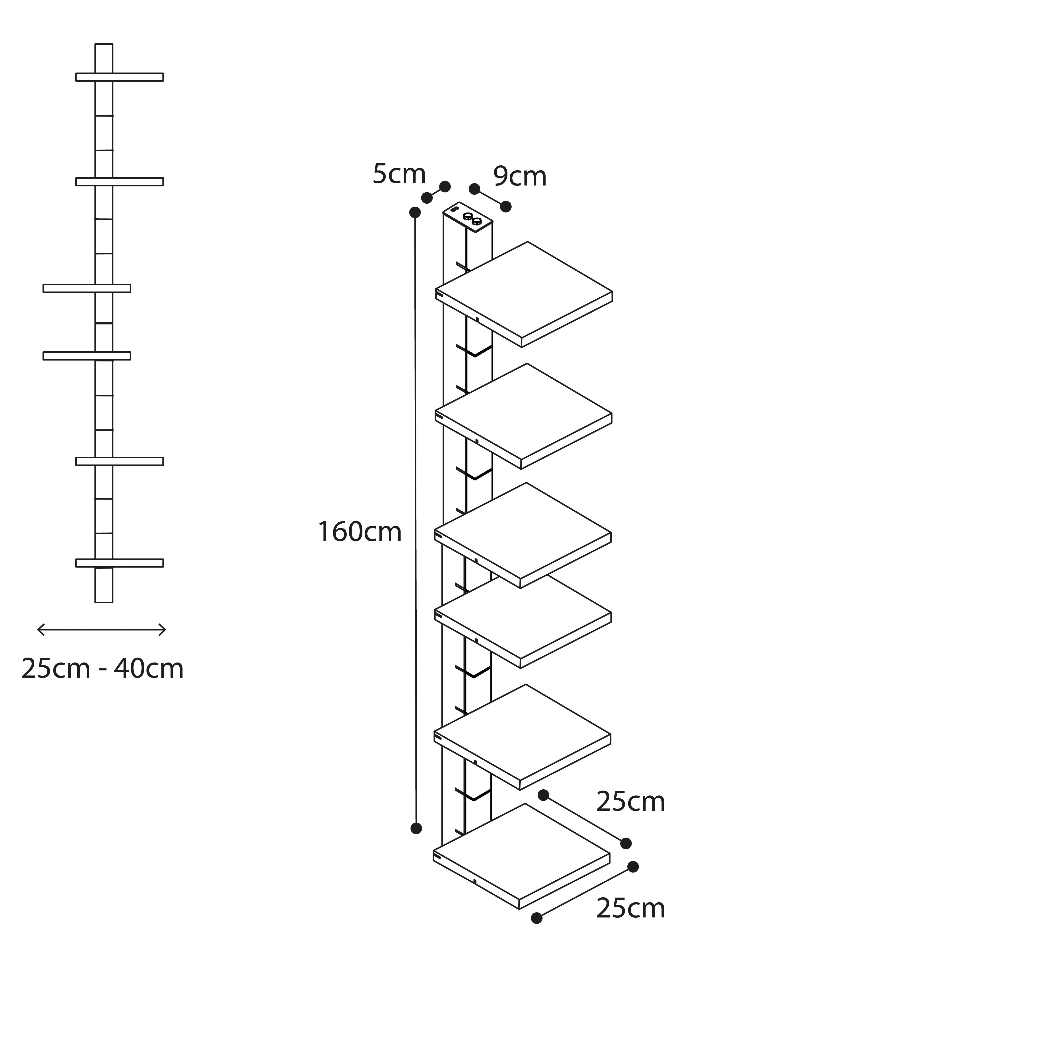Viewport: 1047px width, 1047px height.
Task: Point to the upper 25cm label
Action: pyautogui.click(x=630, y=802)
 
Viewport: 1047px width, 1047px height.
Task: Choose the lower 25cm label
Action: pyautogui.click(x=630, y=908)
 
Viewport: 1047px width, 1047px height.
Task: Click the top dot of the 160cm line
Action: pyautogui.click(x=415, y=212)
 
